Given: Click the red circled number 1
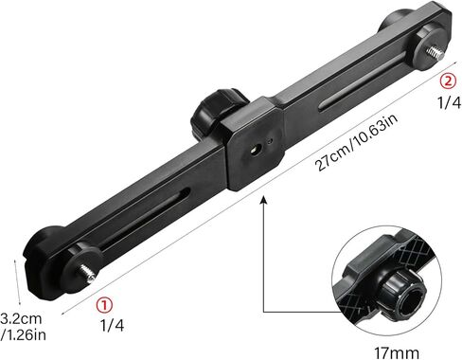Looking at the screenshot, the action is (x=104, y=305).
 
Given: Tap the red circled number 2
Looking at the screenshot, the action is (x=448, y=81).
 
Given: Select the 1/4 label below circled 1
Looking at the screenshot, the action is (x=112, y=325).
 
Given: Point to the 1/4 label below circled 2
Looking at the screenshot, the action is (x=449, y=102).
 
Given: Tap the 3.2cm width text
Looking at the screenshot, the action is (x=21, y=318).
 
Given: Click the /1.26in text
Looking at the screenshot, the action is (x=24, y=334).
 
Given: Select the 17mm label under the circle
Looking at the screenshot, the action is (x=397, y=352).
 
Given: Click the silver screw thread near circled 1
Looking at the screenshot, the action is (x=87, y=273).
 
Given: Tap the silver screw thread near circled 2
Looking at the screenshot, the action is (x=435, y=54).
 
